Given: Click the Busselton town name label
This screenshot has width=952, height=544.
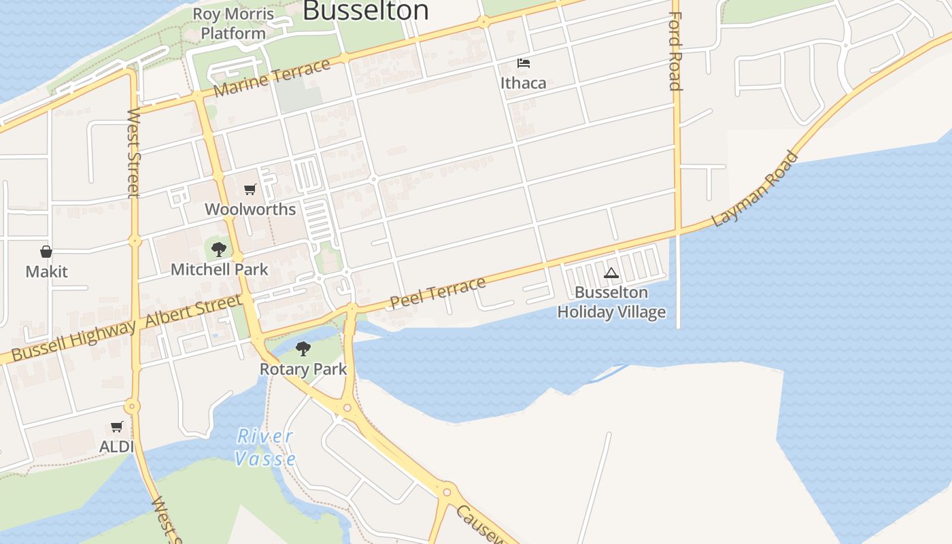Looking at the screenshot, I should (x=366, y=10).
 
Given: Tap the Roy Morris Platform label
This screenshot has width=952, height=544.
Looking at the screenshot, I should (x=233, y=23).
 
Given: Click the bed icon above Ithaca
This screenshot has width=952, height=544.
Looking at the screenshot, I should (x=523, y=64).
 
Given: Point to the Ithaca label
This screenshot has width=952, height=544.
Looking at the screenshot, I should (x=523, y=83).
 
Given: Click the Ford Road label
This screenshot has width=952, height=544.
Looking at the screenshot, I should (x=675, y=51).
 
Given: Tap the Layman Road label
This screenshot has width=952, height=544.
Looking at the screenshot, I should (x=754, y=190).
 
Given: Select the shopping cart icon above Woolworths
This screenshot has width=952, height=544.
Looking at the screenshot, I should (x=250, y=190).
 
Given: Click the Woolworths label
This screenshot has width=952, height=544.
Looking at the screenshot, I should (x=250, y=209).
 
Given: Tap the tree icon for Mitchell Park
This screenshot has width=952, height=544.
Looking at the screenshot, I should (x=219, y=250).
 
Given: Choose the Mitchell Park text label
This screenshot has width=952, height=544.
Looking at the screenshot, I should (x=219, y=269).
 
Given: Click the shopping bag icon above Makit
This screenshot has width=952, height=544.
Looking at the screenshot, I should (x=46, y=252).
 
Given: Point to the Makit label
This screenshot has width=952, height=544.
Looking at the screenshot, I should (x=46, y=272).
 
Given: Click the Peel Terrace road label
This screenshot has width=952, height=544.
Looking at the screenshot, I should (x=438, y=292).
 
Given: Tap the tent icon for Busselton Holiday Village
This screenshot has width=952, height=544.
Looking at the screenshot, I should (x=611, y=273).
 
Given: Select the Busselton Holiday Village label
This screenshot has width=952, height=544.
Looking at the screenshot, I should (x=611, y=302).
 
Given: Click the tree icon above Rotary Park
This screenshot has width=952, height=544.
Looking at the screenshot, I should (x=303, y=350).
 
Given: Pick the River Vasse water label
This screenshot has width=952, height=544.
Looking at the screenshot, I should (x=265, y=447).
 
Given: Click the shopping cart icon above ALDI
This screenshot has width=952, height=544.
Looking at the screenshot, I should (x=117, y=427).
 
